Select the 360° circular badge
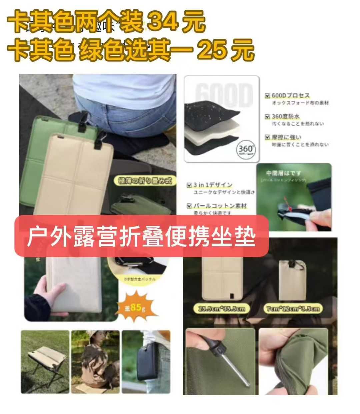tap(246, 149)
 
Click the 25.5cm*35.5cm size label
tap(222, 309)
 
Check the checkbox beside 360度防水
tap(267, 117)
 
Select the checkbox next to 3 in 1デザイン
tap(189, 185)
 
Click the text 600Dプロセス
tap(290, 96)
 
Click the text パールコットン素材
tap(220, 206)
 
